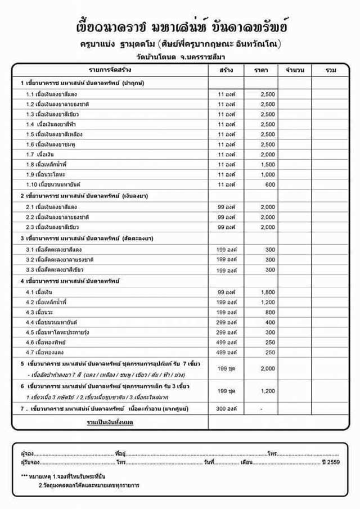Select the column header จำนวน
click(295, 70)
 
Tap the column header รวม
click(331, 70)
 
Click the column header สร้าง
click(226, 70)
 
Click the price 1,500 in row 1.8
click(268, 164)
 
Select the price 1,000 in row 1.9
click(268, 174)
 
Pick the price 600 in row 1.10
click(270, 184)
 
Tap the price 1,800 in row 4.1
click(268, 292)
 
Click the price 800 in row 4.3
click(270, 312)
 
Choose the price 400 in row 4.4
click(270, 322)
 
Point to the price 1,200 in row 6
click(268, 391)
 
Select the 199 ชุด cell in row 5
click(226, 368)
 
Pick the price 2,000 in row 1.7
click(268, 154)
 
